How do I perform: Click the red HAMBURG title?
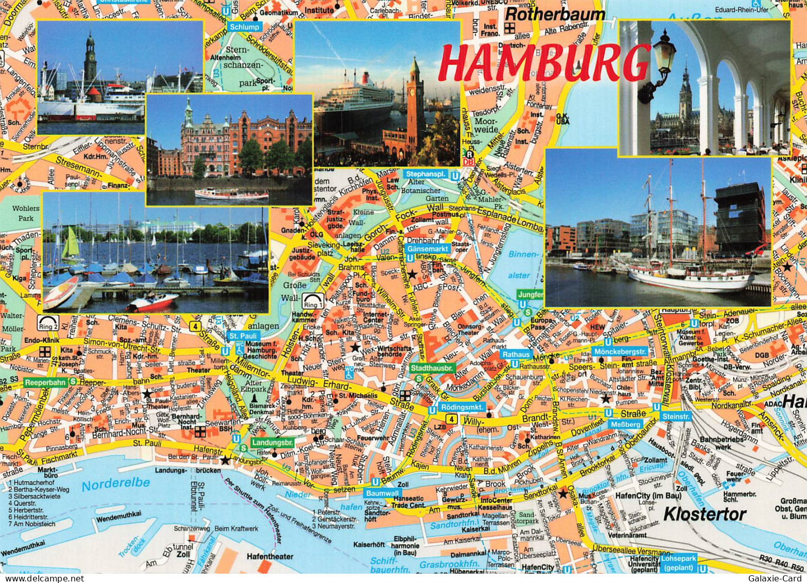pos(543,63)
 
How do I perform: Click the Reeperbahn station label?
pos(45,382)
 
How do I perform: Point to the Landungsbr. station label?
pos(272,442)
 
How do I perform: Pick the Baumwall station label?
pos(383,493)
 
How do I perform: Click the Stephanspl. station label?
pos(425,174)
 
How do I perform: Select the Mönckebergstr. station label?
pos(627,351)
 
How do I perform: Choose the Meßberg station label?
pos(626,424)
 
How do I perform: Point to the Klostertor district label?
pos(704,514)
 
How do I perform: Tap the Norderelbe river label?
pos(116,484)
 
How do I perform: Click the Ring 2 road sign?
pos(48,323)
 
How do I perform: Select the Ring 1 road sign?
pos(313,300)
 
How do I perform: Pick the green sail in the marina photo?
pos(71,243)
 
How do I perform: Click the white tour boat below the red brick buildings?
pos(231,194)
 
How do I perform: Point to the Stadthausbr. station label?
pos(431,368)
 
